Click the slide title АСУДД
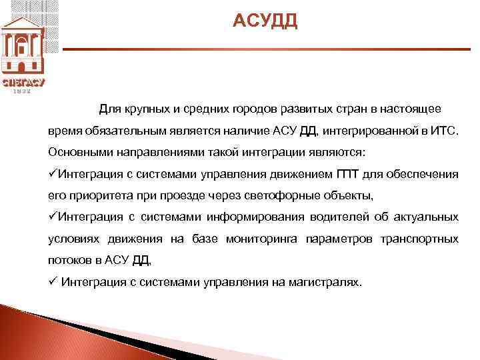coord(265,23)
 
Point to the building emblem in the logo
coord(23,43)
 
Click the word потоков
coord(69,260)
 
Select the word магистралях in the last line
coord(325,282)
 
